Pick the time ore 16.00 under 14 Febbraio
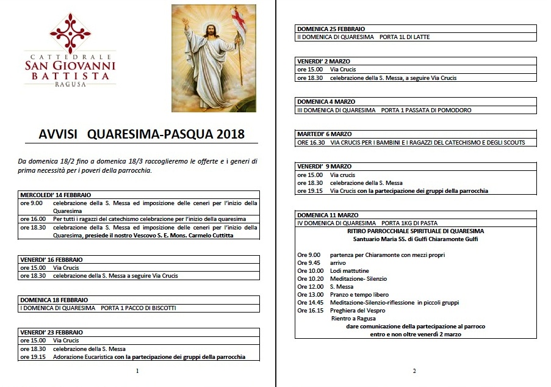tap(32, 219)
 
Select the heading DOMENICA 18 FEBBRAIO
tap(54, 300)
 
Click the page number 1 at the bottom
tap(138, 371)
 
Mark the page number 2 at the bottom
tap(414, 371)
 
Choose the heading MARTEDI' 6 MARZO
tap(324, 134)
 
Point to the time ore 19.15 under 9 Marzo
tap(310, 191)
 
